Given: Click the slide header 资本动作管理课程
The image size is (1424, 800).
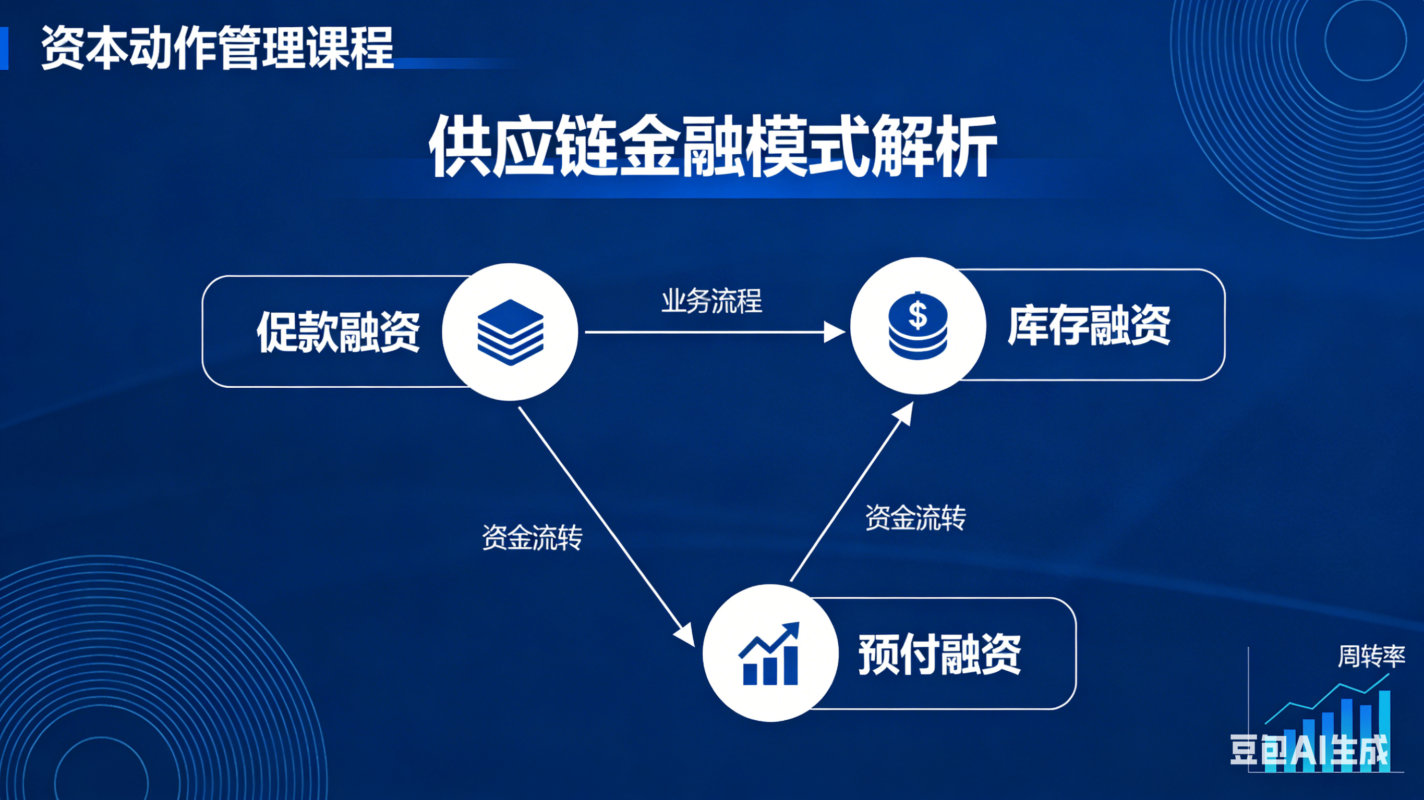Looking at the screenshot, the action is (217, 48).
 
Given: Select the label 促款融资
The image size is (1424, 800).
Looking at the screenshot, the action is (339, 331).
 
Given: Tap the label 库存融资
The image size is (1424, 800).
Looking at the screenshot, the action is (1089, 325).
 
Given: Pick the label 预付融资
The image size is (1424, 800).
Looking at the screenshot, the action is (940, 654).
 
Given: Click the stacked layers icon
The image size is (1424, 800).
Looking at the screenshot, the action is (510, 332).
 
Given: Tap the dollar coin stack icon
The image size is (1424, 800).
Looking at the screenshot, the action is (918, 326).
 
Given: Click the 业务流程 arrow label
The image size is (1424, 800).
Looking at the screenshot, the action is (712, 301).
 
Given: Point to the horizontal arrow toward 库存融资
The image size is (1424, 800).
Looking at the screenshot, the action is (715, 332).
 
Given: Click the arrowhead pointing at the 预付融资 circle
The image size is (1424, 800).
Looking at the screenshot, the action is (685, 635).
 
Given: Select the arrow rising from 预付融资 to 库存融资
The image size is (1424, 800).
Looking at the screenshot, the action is (852, 491).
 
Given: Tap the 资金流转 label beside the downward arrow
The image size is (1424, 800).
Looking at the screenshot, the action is (533, 537).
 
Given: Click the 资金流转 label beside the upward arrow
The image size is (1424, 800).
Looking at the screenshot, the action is (915, 518).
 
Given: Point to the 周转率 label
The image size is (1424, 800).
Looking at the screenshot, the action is (1371, 656).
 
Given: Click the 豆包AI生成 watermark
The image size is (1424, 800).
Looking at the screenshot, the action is (1309, 750).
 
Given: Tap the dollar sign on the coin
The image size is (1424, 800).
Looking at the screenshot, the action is (918, 315).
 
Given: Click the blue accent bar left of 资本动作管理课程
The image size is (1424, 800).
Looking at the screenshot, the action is (4, 48).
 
